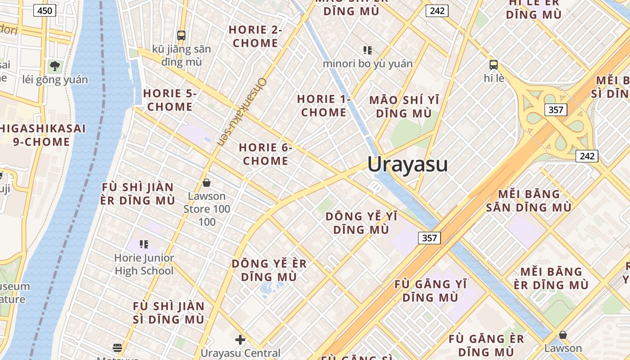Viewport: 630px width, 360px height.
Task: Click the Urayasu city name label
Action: tap(407, 164)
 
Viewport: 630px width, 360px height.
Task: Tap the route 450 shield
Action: tap(45, 10)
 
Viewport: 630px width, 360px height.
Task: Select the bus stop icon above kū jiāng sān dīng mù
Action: tap(181, 35)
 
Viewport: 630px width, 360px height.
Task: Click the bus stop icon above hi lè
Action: tap(494, 65)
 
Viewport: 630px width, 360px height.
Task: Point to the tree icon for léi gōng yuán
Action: tap(55, 67)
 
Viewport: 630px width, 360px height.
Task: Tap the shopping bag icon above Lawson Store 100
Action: tap(207, 183)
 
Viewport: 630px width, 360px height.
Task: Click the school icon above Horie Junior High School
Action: tap(144, 244)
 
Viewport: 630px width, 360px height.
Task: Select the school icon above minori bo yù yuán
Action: tap(368, 50)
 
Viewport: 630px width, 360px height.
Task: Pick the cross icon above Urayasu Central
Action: tap(240, 339)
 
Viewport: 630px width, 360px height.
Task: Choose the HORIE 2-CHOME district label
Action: tap(255, 36)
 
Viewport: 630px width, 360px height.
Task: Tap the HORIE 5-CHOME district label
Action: tap(170, 100)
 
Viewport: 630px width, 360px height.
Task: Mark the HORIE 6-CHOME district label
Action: tap(265, 154)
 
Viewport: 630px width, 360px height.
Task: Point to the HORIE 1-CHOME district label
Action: tap(324, 105)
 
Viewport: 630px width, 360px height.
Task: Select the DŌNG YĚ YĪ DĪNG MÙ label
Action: tap(361, 223)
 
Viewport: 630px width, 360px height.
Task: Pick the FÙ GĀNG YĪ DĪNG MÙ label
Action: tap(431, 291)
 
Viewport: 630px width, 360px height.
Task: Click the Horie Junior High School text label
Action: tap(144, 264)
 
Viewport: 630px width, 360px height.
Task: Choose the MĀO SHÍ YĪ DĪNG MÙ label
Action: tap(404, 106)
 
